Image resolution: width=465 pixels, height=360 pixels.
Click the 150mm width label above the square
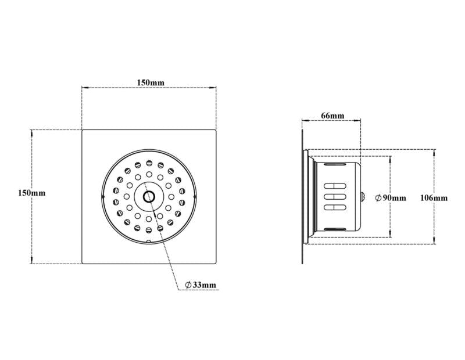(150, 82)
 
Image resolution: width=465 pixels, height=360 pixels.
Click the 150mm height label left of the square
(31, 193)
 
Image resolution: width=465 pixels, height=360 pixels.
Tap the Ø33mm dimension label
(201, 285)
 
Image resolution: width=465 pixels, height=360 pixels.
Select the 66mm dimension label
(332, 116)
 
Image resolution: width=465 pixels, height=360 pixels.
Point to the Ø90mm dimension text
(391, 198)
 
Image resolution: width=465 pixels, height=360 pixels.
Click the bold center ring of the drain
(149, 196)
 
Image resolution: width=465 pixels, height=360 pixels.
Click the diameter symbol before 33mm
(189, 285)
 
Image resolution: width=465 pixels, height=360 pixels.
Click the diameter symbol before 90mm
(378, 198)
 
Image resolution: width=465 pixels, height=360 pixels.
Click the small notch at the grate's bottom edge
(149, 241)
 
